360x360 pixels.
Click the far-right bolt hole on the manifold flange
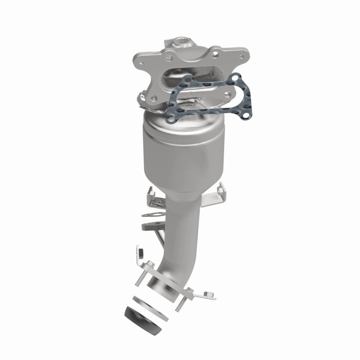coord(243,56)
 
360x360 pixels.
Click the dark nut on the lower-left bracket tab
coord(140,250)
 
